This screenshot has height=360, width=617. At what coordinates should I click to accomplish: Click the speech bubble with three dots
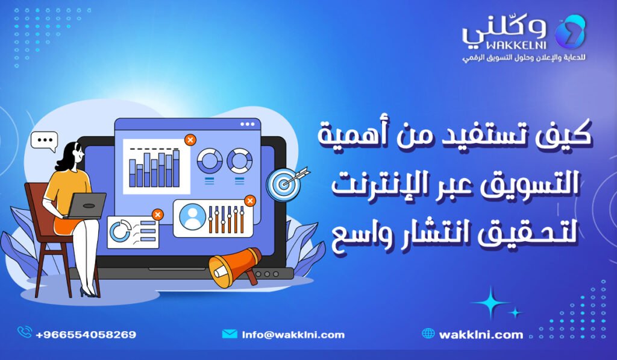[x=44, y=141]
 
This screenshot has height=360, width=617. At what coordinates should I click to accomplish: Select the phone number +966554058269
[x=86, y=334]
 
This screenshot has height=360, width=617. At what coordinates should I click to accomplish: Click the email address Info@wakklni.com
[x=293, y=334]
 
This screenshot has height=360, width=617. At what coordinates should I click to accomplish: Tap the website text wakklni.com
[x=481, y=334]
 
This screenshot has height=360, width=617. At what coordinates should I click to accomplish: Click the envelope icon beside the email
[x=230, y=334]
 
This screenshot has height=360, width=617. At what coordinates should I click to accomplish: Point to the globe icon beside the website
[x=428, y=333]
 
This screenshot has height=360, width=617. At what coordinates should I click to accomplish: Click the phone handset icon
[x=25, y=333]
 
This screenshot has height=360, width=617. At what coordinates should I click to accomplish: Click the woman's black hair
[x=66, y=156]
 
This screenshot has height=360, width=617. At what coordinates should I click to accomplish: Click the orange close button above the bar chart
[x=190, y=140]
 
